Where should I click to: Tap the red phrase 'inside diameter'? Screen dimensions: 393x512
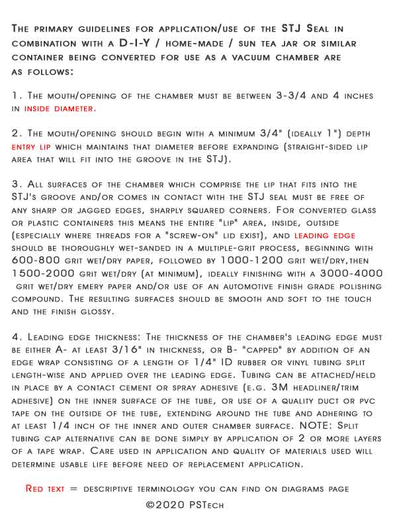[59, 108]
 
